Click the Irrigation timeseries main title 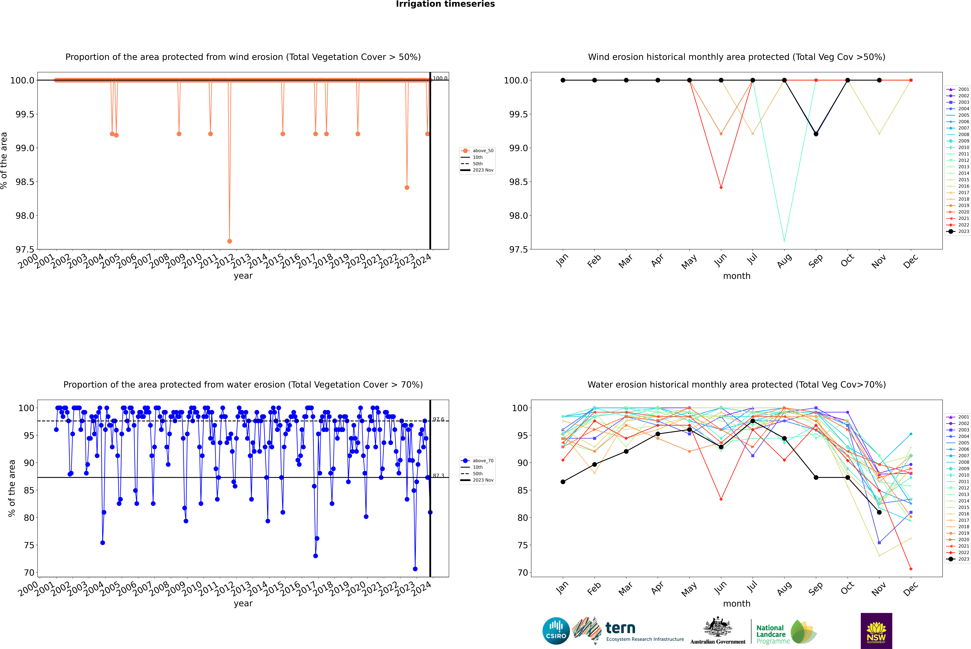click(x=445, y=4)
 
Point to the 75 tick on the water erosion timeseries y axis click(x=29, y=545)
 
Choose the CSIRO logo click(x=556, y=631)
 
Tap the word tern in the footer click(x=620, y=628)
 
